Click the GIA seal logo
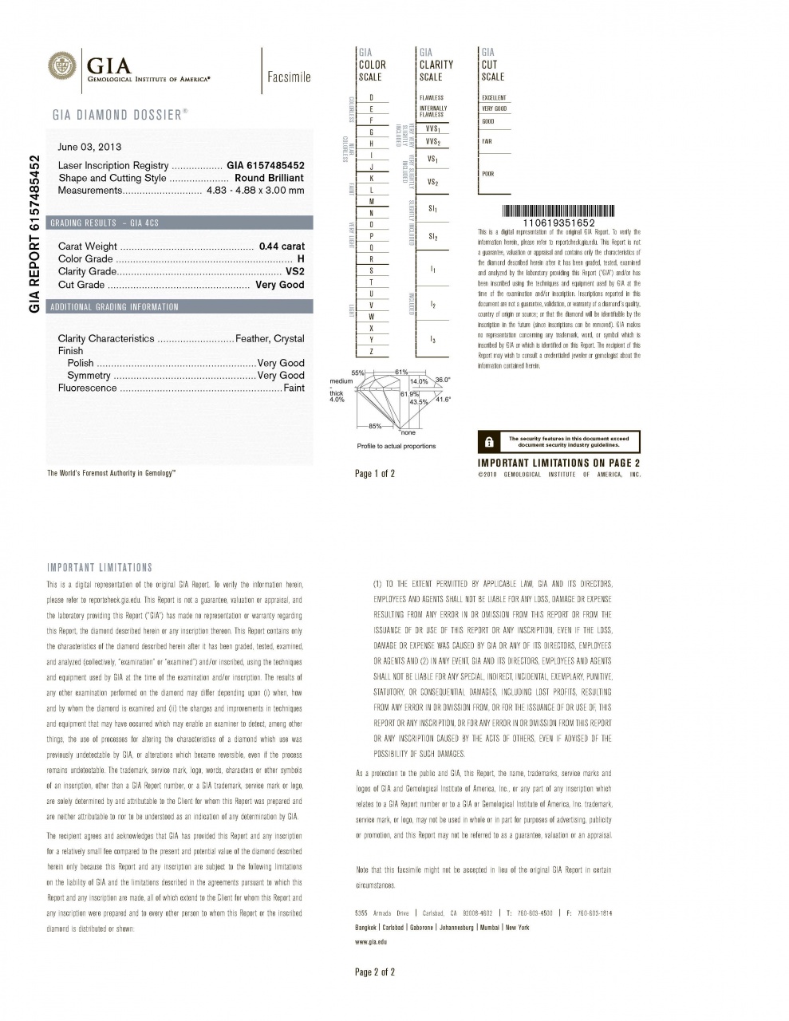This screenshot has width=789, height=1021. pos(63,65)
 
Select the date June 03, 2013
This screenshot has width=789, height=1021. pos(90,147)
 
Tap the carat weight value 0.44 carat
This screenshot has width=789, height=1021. pos(282,246)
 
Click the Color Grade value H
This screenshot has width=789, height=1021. pos(301,259)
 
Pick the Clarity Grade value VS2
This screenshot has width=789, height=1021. pos(294,272)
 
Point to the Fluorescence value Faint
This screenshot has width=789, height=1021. pos(294,388)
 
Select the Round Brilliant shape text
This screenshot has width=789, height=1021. pos(269,178)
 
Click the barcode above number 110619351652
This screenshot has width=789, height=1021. pos(558,211)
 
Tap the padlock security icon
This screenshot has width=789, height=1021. pos(489,442)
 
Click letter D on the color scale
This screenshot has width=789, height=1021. pos(372,97)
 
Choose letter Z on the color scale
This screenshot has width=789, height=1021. pos(372,352)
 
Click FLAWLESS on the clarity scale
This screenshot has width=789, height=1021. pos(432,97)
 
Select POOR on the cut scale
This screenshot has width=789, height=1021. pos(488,173)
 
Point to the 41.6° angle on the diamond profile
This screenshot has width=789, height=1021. pos(443,400)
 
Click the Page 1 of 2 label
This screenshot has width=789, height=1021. pos(375,474)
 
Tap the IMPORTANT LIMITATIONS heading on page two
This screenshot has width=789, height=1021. pos(100,568)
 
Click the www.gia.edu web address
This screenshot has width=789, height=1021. pos(371,942)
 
